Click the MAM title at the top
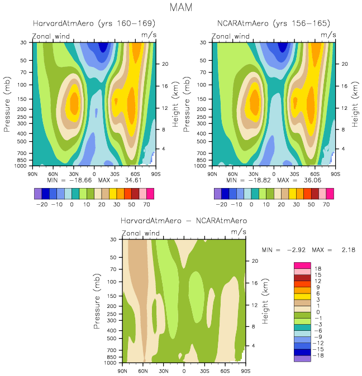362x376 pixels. click(181, 7)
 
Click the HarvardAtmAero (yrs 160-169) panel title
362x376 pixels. click(94, 23)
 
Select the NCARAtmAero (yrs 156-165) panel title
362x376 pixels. click(273, 23)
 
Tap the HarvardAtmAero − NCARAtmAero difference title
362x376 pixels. click(184, 220)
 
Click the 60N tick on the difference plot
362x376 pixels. click(143, 370)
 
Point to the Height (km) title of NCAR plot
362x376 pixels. click(355, 105)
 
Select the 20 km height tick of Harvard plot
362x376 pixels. click(165, 64)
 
